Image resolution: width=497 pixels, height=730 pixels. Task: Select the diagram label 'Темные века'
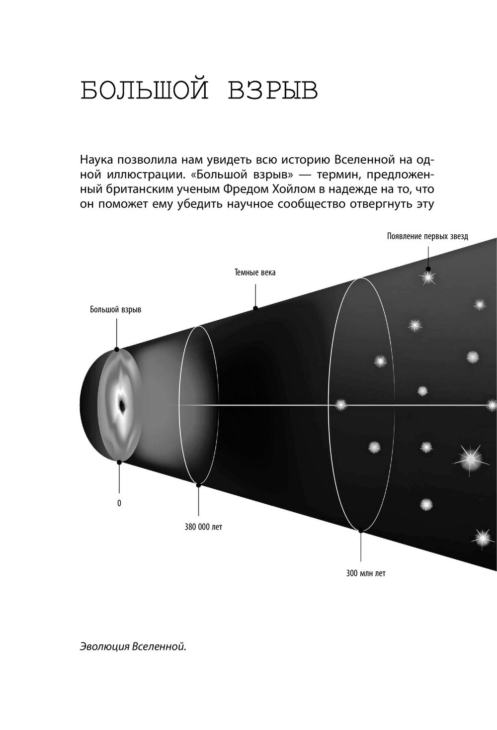(255, 273)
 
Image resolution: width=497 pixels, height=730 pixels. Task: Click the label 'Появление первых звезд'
(427, 236)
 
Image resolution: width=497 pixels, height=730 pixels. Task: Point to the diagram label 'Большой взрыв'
(116, 309)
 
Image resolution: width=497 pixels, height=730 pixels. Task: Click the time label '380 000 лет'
(203, 527)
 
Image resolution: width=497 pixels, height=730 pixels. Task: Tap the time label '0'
(119, 503)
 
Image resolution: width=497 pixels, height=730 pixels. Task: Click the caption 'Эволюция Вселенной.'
(133, 647)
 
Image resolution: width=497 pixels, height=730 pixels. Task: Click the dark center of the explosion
(122, 405)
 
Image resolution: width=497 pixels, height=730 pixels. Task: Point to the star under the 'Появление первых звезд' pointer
(428, 277)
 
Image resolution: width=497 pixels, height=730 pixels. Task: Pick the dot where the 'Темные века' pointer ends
(255, 308)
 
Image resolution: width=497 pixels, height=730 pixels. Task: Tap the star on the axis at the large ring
(340, 405)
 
